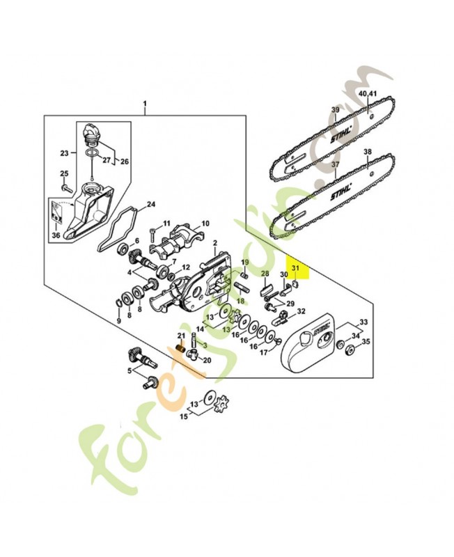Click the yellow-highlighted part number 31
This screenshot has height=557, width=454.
click(x=295, y=267)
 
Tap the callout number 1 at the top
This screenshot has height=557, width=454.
click(x=145, y=106)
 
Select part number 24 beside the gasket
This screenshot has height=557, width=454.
click(x=150, y=205)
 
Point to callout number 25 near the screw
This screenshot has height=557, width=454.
click(x=63, y=173)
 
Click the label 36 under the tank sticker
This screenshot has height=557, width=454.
click(x=56, y=235)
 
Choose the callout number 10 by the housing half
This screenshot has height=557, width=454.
click(x=205, y=224)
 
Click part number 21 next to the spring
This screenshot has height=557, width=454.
click(x=180, y=336)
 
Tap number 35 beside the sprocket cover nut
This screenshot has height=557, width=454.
click(x=366, y=342)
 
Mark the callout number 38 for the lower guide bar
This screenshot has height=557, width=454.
click(x=367, y=152)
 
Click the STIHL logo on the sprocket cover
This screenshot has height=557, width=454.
click(x=325, y=332)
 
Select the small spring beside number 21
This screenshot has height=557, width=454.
click(x=180, y=346)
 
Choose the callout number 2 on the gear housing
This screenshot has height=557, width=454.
click(x=216, y=244)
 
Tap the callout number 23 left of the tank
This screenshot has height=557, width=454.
click(x=64, y=152)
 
